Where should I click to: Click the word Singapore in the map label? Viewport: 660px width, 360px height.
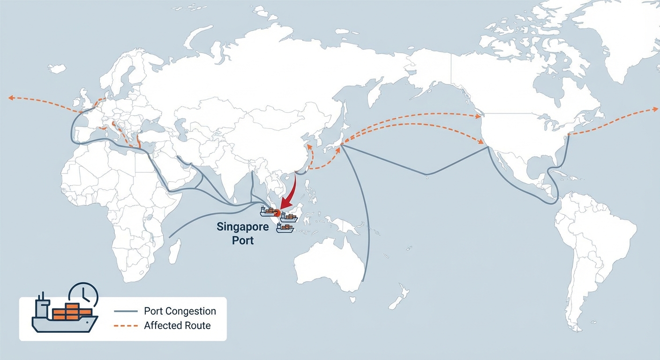click(242, 227)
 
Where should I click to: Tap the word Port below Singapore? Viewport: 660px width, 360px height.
click(243, 241)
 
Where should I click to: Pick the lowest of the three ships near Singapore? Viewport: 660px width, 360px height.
click(285, 228)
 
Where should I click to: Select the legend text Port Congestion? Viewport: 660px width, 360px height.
click(180, 311)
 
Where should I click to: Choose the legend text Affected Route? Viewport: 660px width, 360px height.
click(177, 325)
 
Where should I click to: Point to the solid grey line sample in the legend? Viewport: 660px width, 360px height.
click(126, 311)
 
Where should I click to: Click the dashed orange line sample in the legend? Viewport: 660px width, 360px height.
click(126, 325)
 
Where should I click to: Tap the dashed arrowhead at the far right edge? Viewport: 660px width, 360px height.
click(655, 109)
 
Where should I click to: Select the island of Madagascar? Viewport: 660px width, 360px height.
click(174, 252)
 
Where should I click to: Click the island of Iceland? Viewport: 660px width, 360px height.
click(57, 69)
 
